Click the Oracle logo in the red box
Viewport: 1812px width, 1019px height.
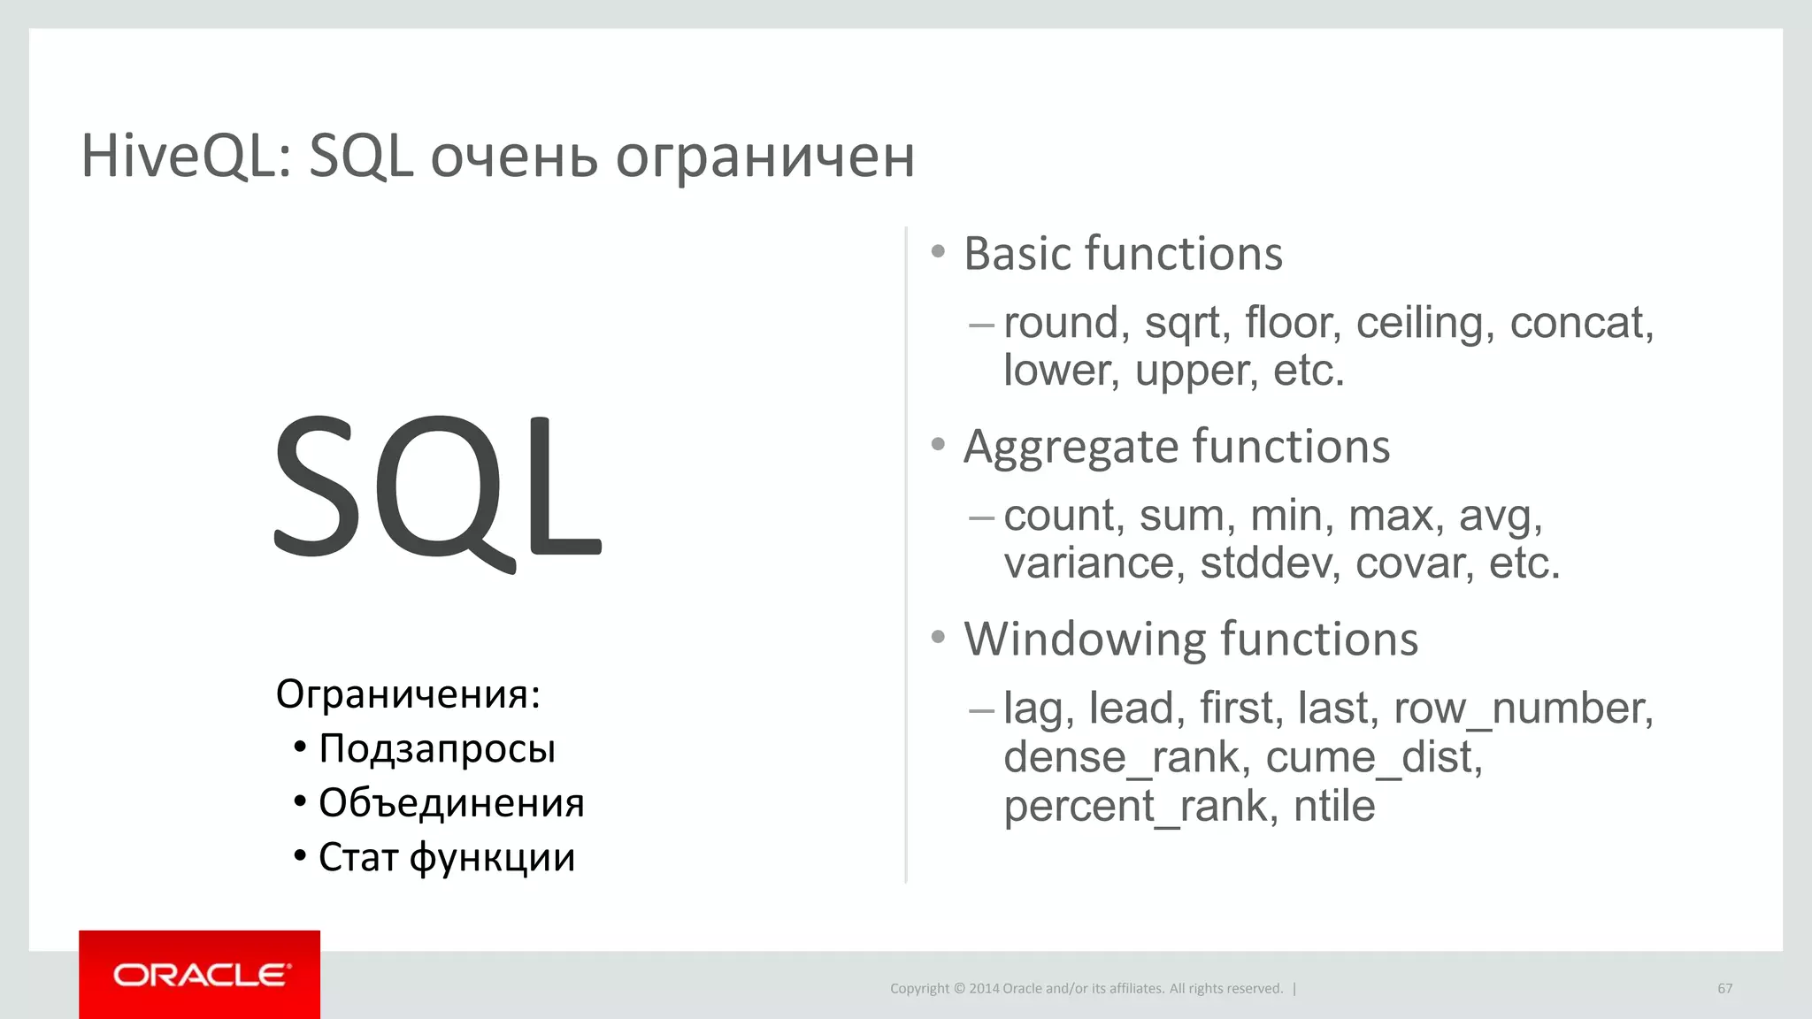pyautogui.click(x=201, y=975)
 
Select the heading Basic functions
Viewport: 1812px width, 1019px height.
pyautogui.click(x=1123, y=255)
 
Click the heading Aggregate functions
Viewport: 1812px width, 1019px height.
pyautogui.click(x=1176, y=447)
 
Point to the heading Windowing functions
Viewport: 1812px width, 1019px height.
pyautogui.click(x=1190, y=640)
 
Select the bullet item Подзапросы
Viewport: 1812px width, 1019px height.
pyautogui.click(x=437, y=749)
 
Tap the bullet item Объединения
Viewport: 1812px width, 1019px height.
pyautogui.click(x=451, y=803)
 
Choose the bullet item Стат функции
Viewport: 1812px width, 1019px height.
pyautogui.click(x=447, y=858)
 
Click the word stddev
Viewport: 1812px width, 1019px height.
pyautogui.click(x=1263, y=563)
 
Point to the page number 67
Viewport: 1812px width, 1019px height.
pyautogui.click(x=1724, y=989)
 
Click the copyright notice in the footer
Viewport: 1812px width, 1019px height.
pyautogui.click(x=1086, y=989)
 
